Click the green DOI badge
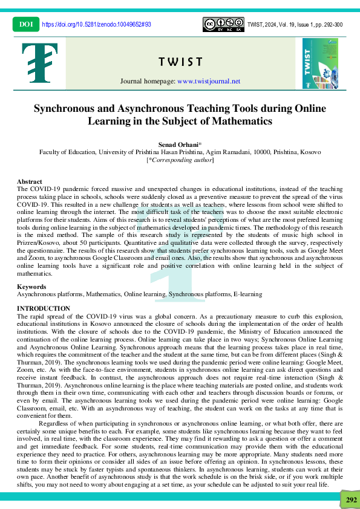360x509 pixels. coord(25,24)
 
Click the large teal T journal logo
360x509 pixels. coord(39,63)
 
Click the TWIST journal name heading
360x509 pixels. coord(180,62)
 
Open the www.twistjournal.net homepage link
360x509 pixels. coord(209,81)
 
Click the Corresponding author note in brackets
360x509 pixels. coord(180,160)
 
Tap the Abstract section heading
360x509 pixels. coord(30,181)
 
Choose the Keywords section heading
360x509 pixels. coord(31,287)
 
